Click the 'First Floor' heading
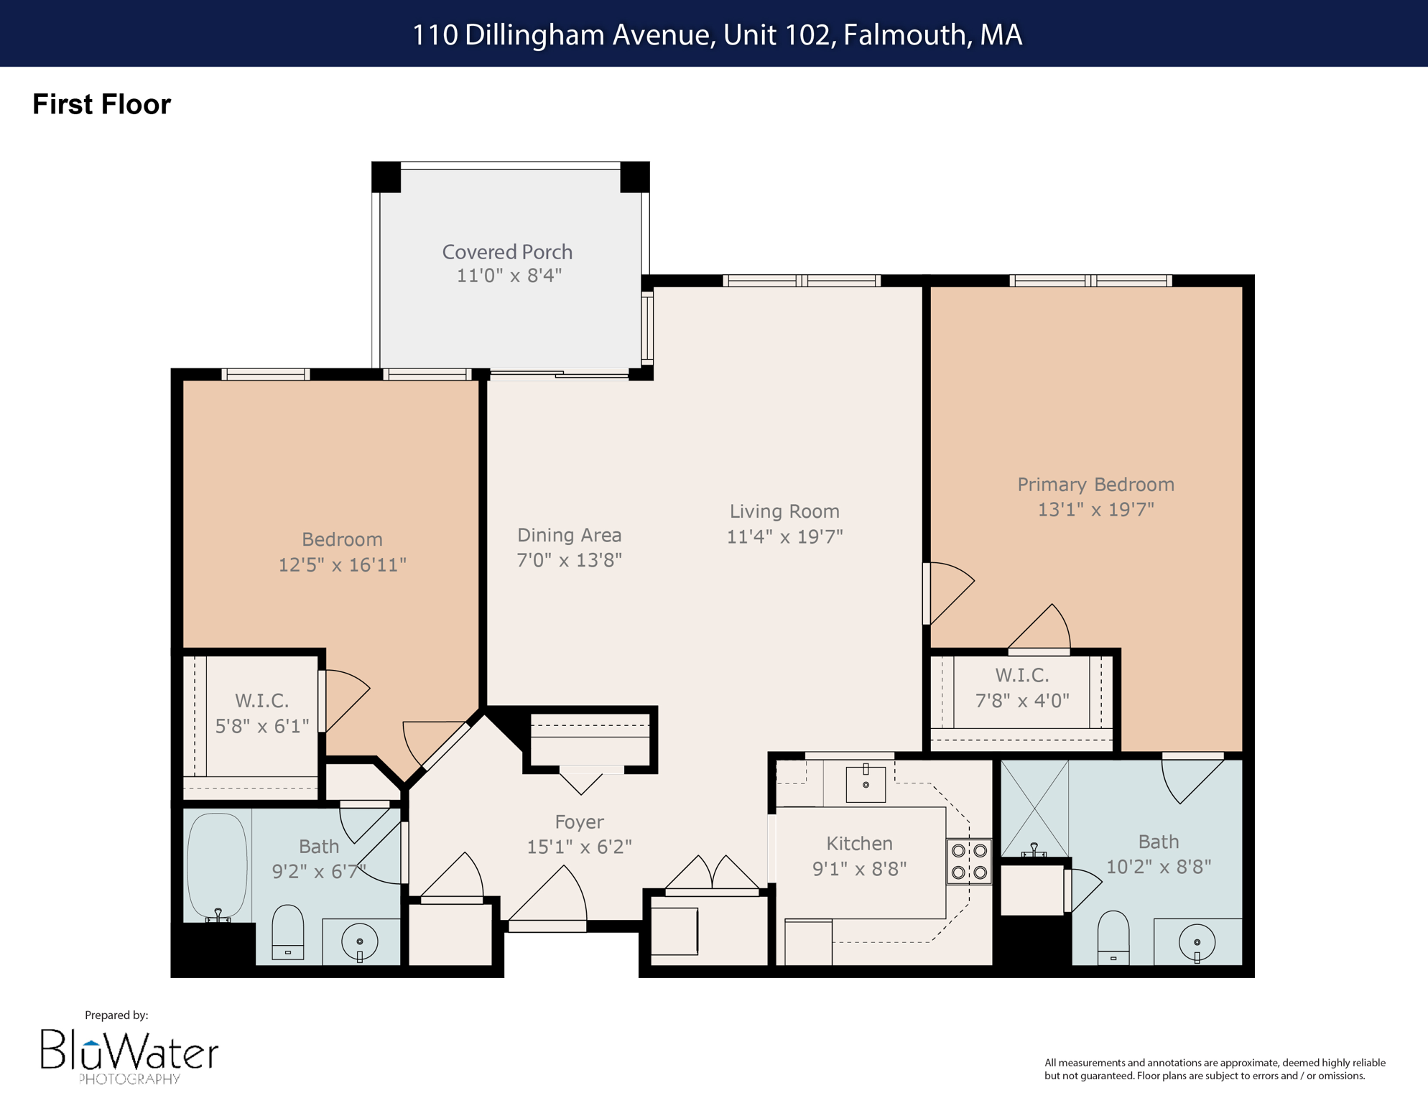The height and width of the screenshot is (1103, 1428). point(101,104)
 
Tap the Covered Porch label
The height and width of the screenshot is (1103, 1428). point(507,252)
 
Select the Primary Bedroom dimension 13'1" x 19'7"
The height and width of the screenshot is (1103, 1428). point(1095,509)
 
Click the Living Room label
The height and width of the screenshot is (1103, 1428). point(784,511)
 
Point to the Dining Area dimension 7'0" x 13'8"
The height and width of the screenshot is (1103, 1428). point(569,560)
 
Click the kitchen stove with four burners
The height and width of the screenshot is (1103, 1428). point(969,862)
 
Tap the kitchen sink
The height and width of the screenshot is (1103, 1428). point(866,783)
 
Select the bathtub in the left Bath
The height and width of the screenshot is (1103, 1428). point(217,865)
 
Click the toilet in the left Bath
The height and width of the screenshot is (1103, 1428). point(288,932)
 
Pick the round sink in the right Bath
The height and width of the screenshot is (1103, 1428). point(1197,942)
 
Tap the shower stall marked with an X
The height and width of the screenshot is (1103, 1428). point(1034,808)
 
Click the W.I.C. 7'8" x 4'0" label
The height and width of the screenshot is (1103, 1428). point(1021,688)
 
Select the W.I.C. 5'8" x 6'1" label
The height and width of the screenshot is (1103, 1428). point(261,713)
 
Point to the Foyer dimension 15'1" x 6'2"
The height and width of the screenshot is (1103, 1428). point(579,847)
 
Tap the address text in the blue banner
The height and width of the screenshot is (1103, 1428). point(716,34)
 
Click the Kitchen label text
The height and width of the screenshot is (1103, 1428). point(859,843)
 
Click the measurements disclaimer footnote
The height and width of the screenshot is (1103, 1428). point(1214,1069)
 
